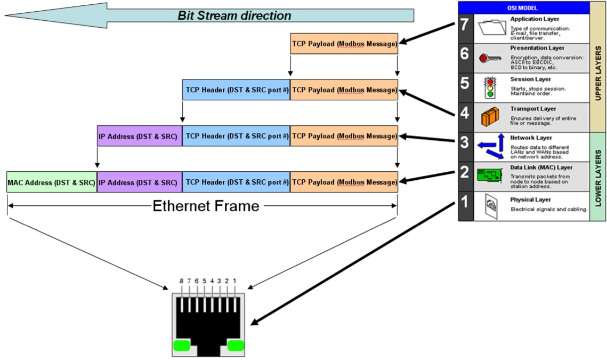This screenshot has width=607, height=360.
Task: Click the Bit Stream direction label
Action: coord(234,15)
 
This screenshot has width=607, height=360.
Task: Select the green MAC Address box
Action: coord(52,182)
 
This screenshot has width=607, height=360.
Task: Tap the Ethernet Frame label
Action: coord(206,206)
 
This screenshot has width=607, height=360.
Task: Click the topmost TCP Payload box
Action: coord(344,43)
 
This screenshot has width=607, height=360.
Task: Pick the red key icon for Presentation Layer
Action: coord(490,59)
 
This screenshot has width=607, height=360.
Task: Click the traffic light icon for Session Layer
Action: coord(490,87)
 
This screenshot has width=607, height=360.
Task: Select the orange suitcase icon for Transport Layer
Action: coord(490,117)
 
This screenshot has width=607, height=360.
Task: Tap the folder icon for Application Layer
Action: coord(492,28)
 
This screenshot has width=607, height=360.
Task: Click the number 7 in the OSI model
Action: coord(465,25)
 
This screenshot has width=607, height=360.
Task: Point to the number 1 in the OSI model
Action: coord(465,202)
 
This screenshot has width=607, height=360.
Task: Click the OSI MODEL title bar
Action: coord(523,8)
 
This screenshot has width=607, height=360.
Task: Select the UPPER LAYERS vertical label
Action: coord(598,73)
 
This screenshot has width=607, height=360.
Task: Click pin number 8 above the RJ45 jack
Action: coord(181,281)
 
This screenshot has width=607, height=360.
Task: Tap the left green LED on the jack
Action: coord(182,346)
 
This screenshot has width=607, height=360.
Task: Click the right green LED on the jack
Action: coord(236,346)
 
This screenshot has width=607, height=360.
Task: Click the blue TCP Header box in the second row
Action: coord(236,90)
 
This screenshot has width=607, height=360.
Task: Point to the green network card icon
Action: coord(489,175)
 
